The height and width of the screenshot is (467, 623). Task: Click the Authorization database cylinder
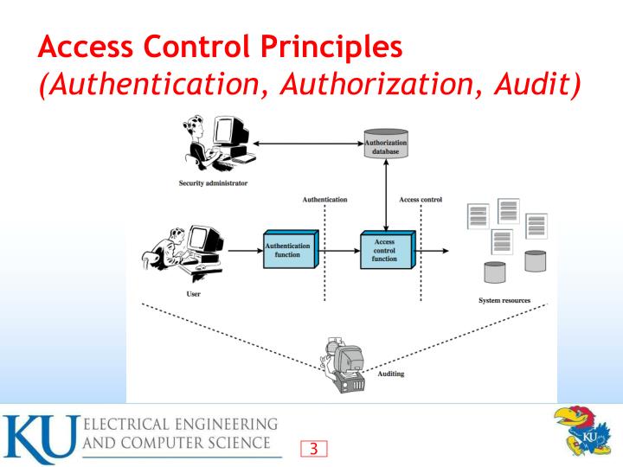[387, 144]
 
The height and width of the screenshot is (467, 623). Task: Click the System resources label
[504, 300]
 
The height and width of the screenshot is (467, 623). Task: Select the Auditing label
[391, 374]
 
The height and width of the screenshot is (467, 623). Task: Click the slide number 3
[315, 447]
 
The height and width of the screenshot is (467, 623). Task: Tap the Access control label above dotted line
[421, 200]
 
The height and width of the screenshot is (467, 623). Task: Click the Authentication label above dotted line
[324, 200]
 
